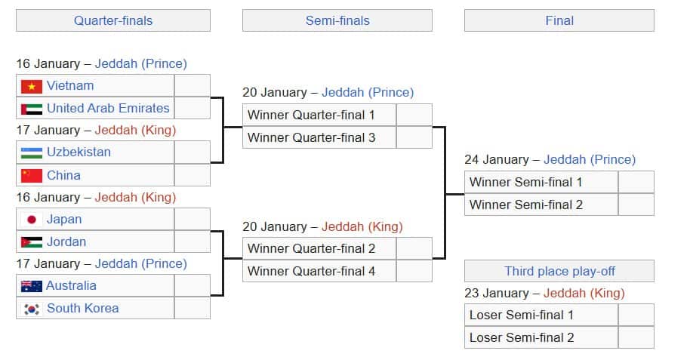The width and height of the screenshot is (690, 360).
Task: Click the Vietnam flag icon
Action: pos(32,86)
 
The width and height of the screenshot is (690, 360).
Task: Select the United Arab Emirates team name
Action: pos(108,108)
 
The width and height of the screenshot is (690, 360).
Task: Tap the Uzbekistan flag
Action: pos(32,152)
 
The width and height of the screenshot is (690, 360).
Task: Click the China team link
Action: pos(63,175)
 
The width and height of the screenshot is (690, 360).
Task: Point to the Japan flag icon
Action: pos(32,220)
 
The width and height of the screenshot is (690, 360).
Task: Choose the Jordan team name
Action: pos(66,242)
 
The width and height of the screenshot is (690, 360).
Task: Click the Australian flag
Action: pos(31,286)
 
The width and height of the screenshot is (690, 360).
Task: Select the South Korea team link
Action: pos(82,308)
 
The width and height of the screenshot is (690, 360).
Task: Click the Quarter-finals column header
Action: pos(113,20)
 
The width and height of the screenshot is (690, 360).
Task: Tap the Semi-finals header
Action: pos(337,20)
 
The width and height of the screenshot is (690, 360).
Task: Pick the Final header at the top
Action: pos(559,20)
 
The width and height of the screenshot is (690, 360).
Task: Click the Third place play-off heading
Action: pos(559,271)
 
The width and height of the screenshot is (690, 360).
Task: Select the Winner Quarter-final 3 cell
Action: pos(311,137)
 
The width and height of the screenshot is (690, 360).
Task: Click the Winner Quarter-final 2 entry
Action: pos(311,248)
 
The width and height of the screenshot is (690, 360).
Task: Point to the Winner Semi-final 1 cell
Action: pos(525,182)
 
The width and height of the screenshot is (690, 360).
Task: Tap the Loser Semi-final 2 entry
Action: pos(522,337)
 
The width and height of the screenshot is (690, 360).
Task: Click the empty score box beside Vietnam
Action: pos(193,86)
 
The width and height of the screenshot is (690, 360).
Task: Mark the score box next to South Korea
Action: pos(193,308)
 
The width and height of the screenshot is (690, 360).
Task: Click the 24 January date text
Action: pos(496,159)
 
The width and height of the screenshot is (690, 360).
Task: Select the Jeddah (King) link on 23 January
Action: pos(584,293)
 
